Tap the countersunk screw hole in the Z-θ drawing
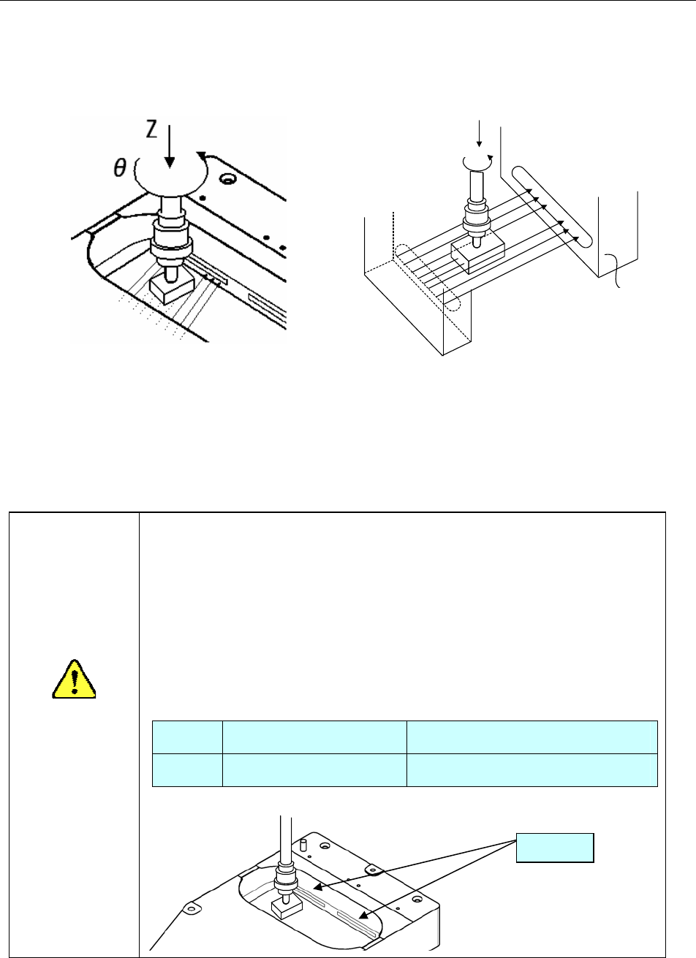pyautogui.click(x=232, y=178)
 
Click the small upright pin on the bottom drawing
pyautogui.click(x=302, y=845)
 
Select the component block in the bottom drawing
pyautogui.click(x=281, y=908)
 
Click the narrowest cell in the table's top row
pyautogui.click(x=186, y=737)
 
